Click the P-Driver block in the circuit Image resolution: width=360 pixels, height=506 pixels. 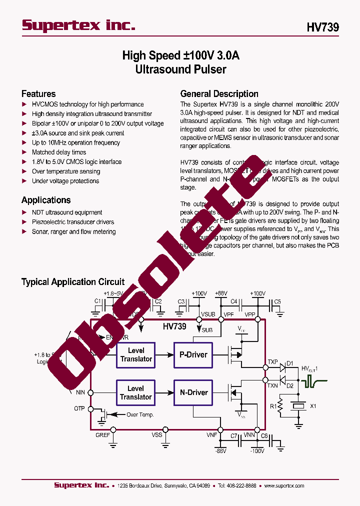(x=193, y=354)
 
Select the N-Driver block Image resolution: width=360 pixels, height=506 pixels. (x=193, y=392)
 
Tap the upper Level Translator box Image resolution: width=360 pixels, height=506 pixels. (x=136, y=354)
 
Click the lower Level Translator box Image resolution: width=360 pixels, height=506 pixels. (x=136, y=392)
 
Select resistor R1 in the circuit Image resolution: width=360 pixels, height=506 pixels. (x=281, y=406)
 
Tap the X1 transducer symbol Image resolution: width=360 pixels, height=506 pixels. (x=298, y=406)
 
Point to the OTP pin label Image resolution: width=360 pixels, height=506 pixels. (x=79, y=408)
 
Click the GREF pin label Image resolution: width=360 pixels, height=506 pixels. (x=102, y=435)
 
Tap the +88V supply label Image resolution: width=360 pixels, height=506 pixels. (x=220, y=293)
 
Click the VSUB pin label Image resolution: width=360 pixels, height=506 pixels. (x=208, y=314)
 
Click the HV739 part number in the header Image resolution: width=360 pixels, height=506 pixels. (x=322, y=27)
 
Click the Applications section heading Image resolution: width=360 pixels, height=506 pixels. (x=46, y=200)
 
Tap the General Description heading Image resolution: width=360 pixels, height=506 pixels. (x=219, y=93)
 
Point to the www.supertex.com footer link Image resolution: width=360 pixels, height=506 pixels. (x=284, y=485)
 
